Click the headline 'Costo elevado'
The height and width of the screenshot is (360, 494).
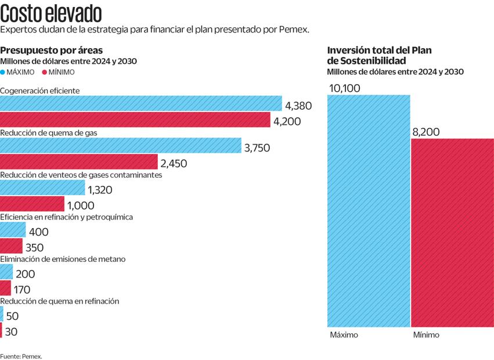pos(51,12)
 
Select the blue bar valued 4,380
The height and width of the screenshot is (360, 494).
pos(141,104)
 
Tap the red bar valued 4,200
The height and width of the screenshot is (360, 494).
pos(135,120)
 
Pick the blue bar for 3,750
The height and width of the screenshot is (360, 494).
pos(121,146)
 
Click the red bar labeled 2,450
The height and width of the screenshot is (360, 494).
pos(79,162)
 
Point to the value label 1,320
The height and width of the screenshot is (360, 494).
pos(100,189)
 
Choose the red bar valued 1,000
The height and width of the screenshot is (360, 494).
pos(32,204)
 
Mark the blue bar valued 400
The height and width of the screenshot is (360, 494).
pos(13,231)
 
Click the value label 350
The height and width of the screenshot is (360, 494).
pos(34,247)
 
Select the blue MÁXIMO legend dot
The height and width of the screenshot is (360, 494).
pos(2,72)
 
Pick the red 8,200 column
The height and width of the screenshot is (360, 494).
pos(452,232)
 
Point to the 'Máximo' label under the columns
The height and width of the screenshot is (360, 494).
pos(344,335)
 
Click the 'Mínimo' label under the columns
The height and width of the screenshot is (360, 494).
pos(426,335)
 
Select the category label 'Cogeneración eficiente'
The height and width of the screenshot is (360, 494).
pos(40,91)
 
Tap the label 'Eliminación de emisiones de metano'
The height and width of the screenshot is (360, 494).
pos(63,259)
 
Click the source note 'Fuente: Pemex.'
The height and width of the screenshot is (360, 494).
pos(21,355)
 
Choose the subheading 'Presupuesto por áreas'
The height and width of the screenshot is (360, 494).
pos(52,50)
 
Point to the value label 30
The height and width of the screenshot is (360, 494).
pos(11,332)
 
